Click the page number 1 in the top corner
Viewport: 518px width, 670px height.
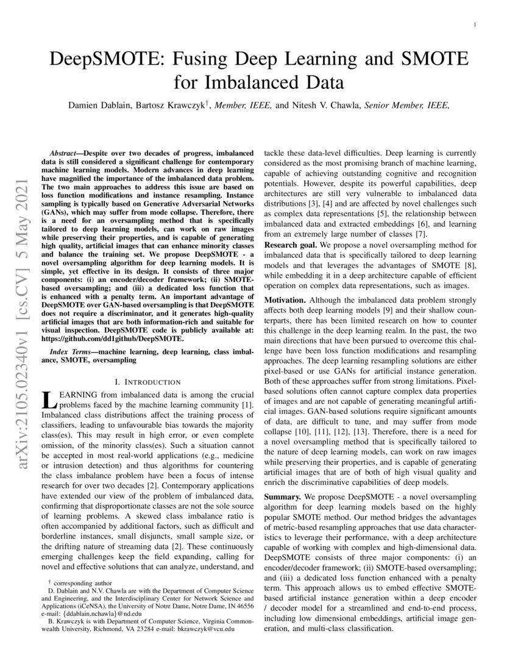point(475,24)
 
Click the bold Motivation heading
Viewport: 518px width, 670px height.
point(285,300)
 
